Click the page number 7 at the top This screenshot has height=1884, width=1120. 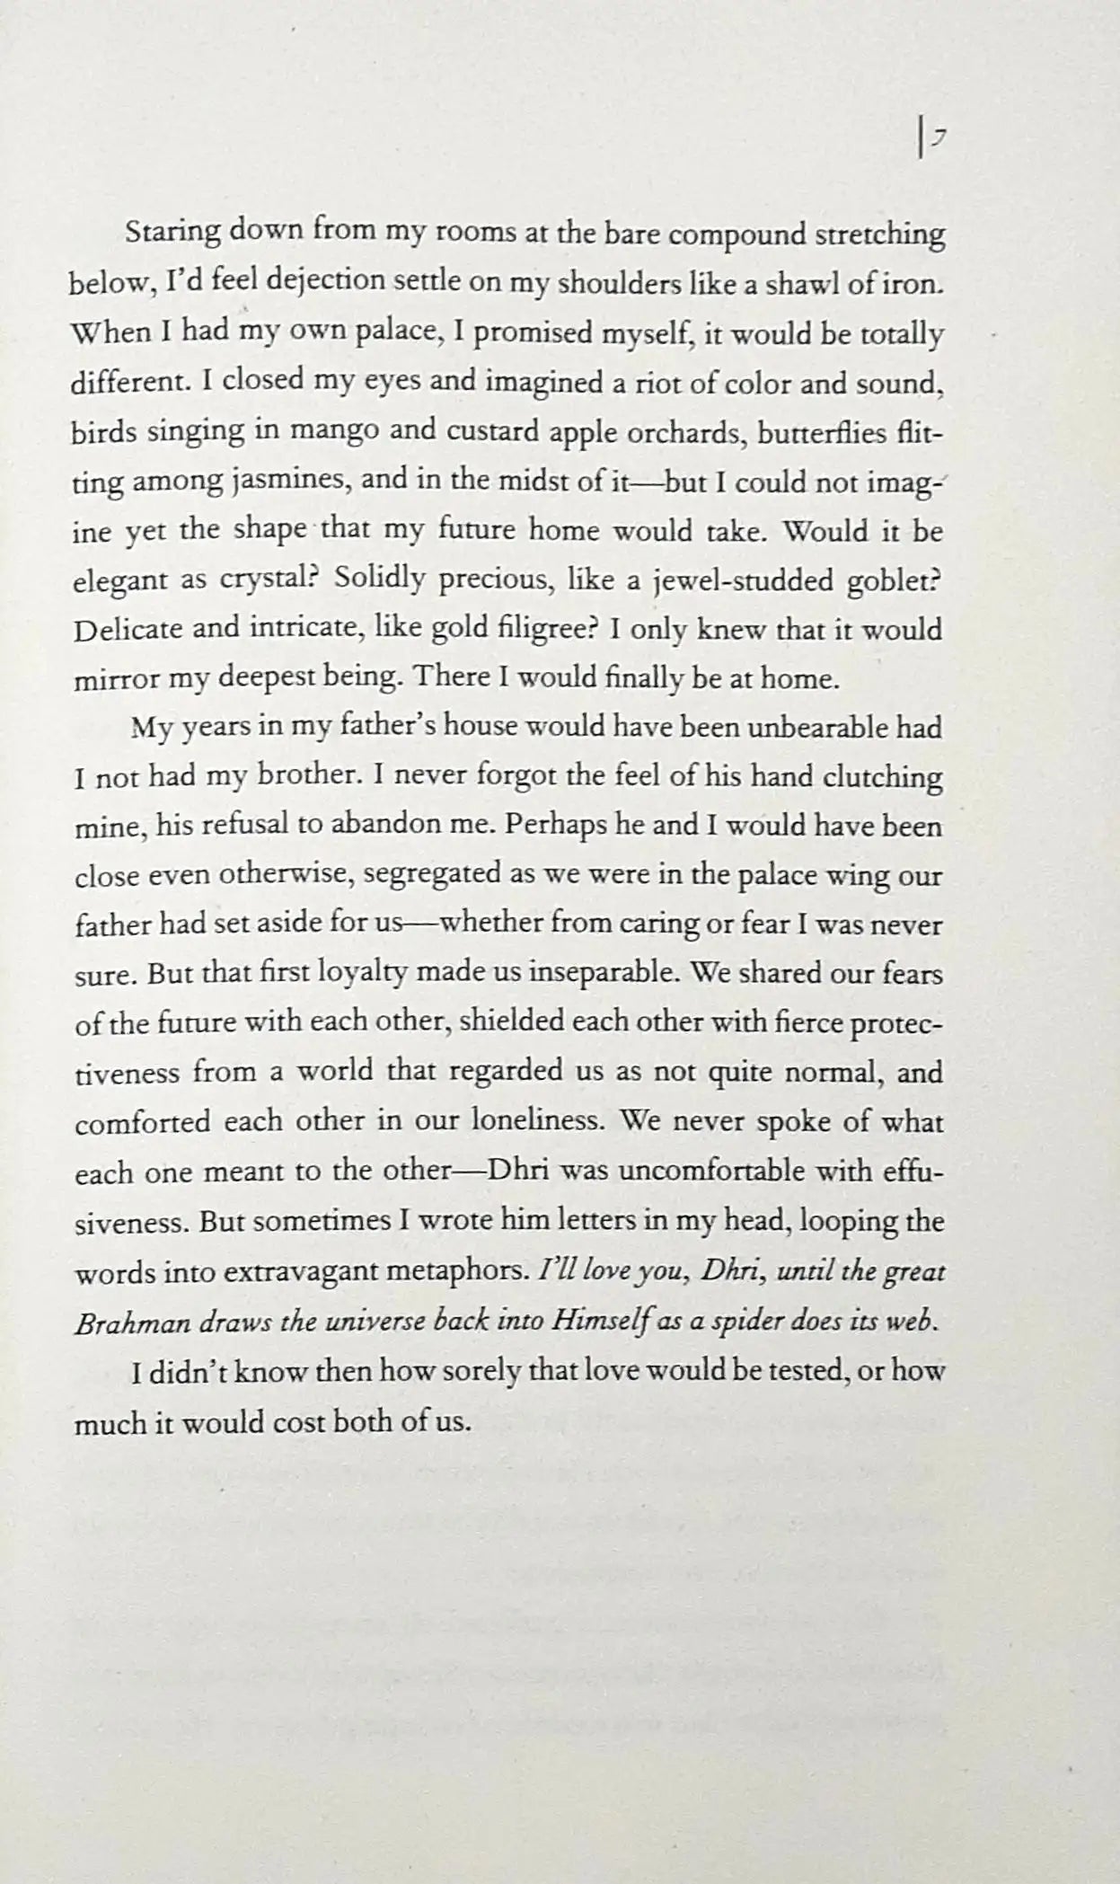point(936,137)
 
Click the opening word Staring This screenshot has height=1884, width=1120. point(172,233)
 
